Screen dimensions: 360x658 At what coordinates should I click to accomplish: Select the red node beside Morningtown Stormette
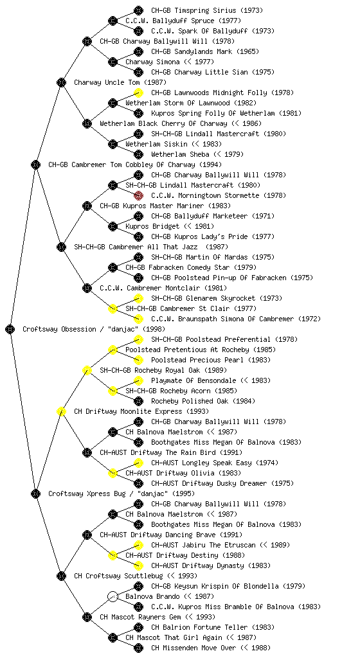(138, 195)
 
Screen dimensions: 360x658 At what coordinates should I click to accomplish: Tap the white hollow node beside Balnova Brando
(113, 596)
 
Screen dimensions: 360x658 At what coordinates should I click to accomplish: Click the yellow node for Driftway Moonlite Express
(61, 411)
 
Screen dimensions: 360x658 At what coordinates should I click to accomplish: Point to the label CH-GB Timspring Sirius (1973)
(207, 10)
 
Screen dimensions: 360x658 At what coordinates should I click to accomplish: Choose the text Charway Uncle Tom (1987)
(120, 82)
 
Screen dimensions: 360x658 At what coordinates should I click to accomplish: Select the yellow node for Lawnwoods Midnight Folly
(138, 93)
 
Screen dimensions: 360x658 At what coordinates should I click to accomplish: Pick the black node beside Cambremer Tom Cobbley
(35, 164)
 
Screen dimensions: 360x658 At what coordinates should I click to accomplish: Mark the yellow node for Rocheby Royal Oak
(87, 370)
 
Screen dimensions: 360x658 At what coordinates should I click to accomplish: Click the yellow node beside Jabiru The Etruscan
(138, 545)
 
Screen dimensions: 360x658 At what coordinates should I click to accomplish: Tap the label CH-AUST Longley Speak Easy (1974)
(215, 463)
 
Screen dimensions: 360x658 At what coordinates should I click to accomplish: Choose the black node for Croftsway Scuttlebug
(61, 576)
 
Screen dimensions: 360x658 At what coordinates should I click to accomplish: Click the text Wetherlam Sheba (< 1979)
(197, 154)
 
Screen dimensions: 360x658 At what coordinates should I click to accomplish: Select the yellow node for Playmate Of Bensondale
(138, 380)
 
